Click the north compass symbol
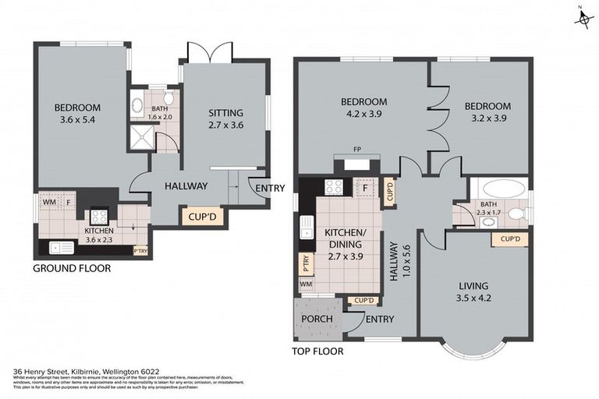click(x=583, y=17)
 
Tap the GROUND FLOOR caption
click(x=72, y=268)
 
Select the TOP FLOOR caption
click(x=319, y=351)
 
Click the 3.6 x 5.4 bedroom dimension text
click(x=76, y=121)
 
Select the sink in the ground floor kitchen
click(x=58, y=247)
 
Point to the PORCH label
click(x=317, y=319)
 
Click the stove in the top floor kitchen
click(x=334, y=186)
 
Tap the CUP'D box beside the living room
click(x=511, y=238)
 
